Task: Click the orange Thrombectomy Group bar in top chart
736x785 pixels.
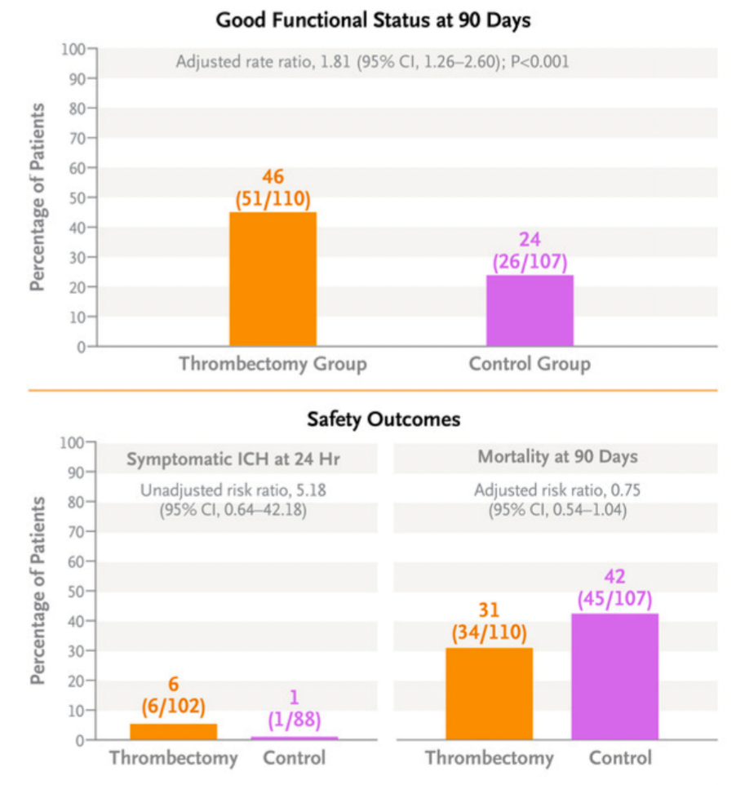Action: (273, 279)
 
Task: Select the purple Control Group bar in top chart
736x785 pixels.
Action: (530, 310)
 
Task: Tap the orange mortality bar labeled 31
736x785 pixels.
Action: (489, 694)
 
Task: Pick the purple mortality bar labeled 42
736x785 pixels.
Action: (614, 676)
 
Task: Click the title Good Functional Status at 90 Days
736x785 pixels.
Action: (373, 20)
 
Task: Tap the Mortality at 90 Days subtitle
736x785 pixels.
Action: (557, 457)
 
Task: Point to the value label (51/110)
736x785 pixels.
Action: (273, 198)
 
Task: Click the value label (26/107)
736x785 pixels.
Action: (530, 263)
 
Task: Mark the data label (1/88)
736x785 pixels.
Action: (294, 721)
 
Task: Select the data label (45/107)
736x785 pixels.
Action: (614, 600)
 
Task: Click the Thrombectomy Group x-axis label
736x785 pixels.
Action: (273, 364)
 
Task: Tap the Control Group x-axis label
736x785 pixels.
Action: (530, 364)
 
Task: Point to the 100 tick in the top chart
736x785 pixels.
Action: (73, 49)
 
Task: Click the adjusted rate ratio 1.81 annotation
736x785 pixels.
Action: (372, 61)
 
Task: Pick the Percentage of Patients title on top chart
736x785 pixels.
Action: (38, 197)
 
